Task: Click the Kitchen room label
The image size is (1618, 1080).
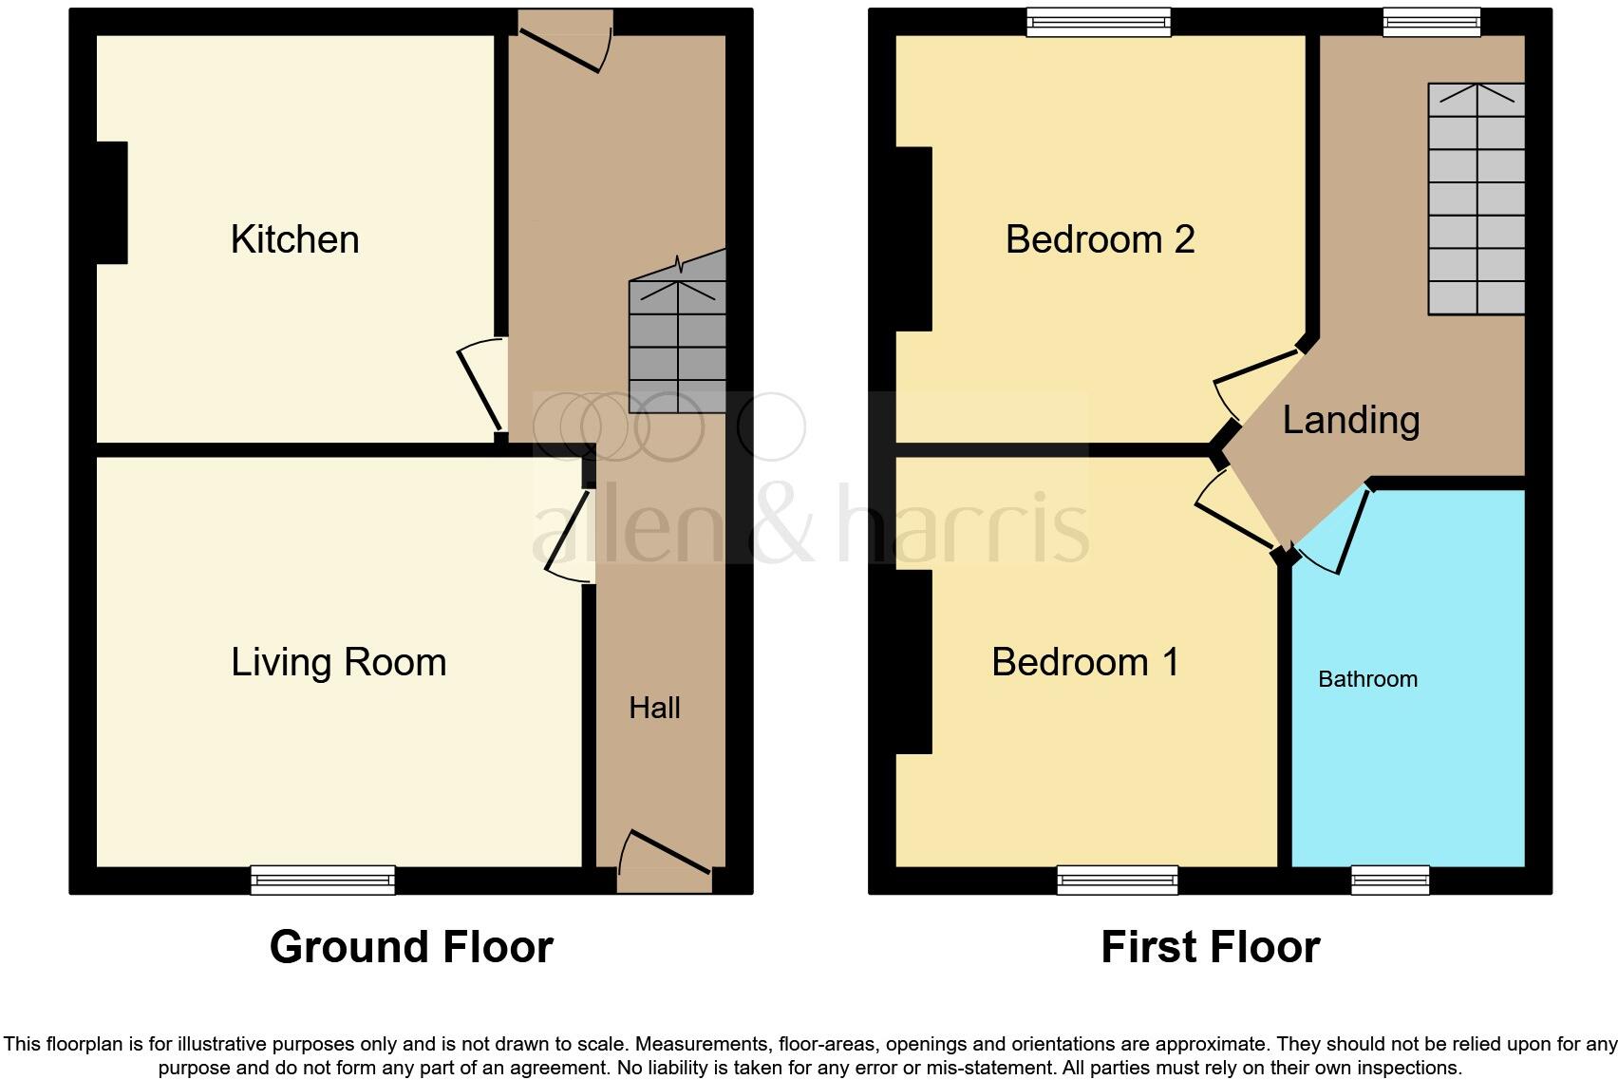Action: pos(294,239)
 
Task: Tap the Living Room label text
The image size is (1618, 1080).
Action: pos(338,662)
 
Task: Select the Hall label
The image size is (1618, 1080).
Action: pos(654,708)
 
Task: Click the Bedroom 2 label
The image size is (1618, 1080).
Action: pos(1100,239)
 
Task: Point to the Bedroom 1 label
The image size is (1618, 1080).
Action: pos(1085,662)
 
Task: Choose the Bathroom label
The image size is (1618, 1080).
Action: pos(1367,679)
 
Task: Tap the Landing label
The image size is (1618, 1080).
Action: pos(1350,420)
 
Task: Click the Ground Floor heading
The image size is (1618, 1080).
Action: pos(411,947)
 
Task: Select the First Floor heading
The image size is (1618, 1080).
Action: pos(1210,947)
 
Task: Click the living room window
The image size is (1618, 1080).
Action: pos(323,881)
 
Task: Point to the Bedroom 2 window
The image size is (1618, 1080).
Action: pos(1099,22)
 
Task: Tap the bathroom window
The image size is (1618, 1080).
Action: pos(1390,881)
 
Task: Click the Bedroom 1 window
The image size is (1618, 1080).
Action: pos(1118,881)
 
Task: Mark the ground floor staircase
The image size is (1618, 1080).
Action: pos(677,347)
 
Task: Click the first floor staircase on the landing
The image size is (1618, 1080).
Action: pos(1476,199)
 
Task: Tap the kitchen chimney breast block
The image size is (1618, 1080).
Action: pos(112,202)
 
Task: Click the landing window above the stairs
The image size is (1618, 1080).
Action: pos(1431,22)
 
